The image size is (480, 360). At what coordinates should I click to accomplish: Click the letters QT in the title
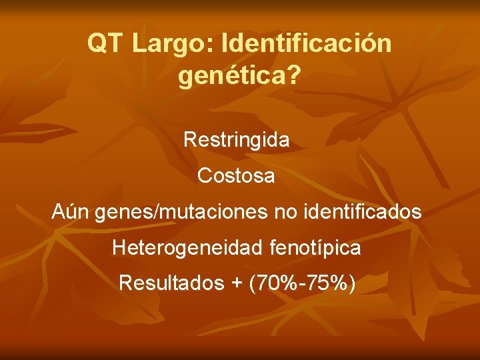point(105,44)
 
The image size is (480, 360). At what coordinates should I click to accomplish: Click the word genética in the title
point(229,77)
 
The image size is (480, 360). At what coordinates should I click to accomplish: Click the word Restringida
point(237,140)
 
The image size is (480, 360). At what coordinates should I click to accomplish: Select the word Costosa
point(236,177)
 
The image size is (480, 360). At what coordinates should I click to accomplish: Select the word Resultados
point(171,283)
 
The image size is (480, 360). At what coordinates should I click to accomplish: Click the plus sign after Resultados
point(236,284)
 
